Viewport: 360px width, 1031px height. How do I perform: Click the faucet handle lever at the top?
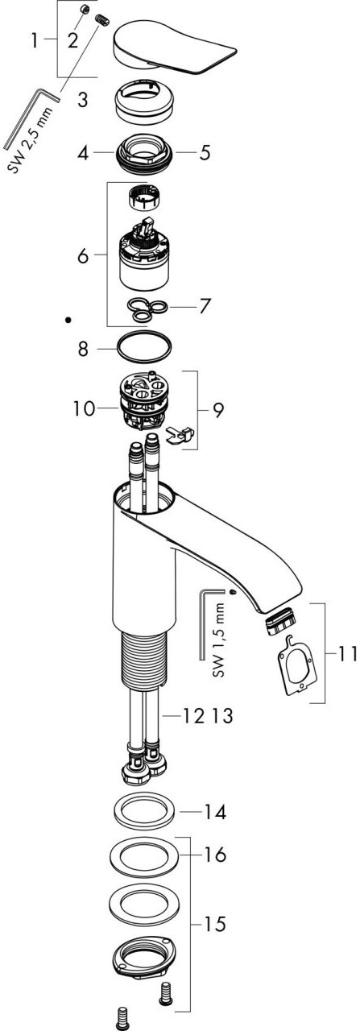[170, 48]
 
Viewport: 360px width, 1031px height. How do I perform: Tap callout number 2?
[72, 40]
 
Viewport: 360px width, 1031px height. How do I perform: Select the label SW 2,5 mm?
[31, 138]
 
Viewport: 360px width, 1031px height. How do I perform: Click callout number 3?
[82, 99]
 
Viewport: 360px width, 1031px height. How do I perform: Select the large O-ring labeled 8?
[144, 349]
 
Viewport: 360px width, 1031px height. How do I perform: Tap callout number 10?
[83, 408]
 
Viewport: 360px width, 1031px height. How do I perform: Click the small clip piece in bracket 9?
[180, 434]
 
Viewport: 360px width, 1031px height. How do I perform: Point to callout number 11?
[346, 653]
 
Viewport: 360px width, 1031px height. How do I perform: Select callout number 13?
[222, 714]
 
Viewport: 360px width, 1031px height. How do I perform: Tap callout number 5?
[205, 152]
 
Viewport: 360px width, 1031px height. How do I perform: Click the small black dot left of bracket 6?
[68, 319]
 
